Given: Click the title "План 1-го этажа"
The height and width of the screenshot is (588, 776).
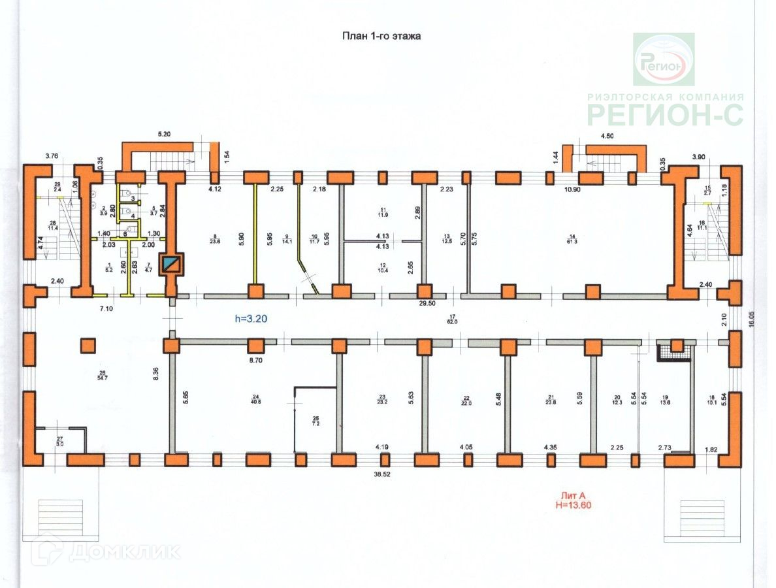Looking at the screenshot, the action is (x=382, y=36).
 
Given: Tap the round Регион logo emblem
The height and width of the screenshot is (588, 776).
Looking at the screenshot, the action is (x=664, y=60).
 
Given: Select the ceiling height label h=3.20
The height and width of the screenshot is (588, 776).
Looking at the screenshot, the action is (x=251, y=319).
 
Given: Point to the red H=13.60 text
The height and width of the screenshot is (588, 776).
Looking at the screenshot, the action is (x=574, y=505).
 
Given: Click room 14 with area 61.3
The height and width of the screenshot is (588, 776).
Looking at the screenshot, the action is (x=572, y=238).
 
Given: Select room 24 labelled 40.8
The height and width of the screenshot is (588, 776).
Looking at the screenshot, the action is (x=255, y=399).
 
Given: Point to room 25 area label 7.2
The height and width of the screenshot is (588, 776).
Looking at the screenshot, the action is (x=315, y=421).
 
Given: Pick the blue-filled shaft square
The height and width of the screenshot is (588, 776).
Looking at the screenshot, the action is (x=172, y=264).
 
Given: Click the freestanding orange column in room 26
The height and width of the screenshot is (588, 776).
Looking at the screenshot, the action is (x=88, y=344).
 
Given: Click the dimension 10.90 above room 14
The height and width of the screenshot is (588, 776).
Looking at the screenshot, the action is (x=572, y=189).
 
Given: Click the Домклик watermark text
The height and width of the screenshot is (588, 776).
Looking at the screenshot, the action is (x=124, y=552).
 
